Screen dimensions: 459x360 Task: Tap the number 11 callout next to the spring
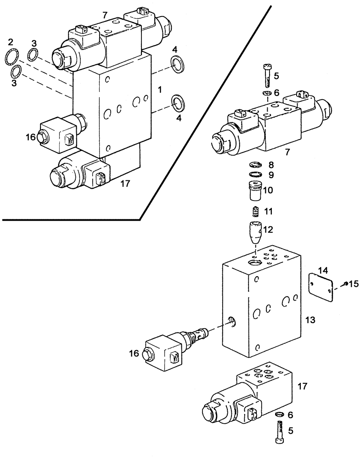pos(269,212)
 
